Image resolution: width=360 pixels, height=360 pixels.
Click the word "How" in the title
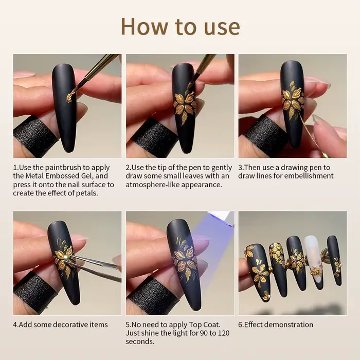tap(144, 26)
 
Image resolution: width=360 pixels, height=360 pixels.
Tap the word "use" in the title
tap(222, 28)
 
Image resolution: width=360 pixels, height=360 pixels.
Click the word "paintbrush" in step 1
tap(67, 168)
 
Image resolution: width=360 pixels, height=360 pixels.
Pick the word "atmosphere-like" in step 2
tap(155, 185)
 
